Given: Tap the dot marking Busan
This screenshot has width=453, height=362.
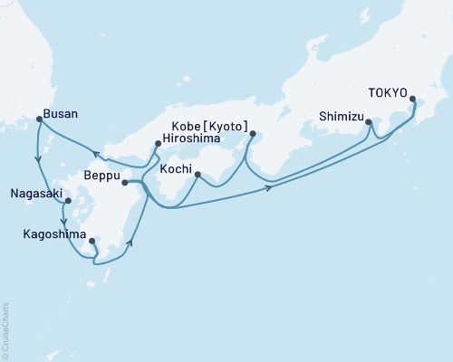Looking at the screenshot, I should [x=38, y=119].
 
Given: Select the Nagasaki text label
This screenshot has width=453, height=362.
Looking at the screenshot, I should [x=36, y=193].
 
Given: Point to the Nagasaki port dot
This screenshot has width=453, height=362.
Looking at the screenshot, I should [x=68, y=203].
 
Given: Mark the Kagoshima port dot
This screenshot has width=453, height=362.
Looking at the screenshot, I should [x=92, y=242].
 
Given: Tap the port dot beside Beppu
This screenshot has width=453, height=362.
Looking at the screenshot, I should [x=124, y=182].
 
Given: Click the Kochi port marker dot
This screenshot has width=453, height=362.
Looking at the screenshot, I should [x=198, y=173].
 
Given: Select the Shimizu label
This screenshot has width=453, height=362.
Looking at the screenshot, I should [x=342, y=116].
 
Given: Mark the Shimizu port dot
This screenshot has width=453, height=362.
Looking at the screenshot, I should [x=369, y=120].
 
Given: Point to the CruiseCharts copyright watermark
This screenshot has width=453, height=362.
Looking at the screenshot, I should [x=5, y=329].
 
